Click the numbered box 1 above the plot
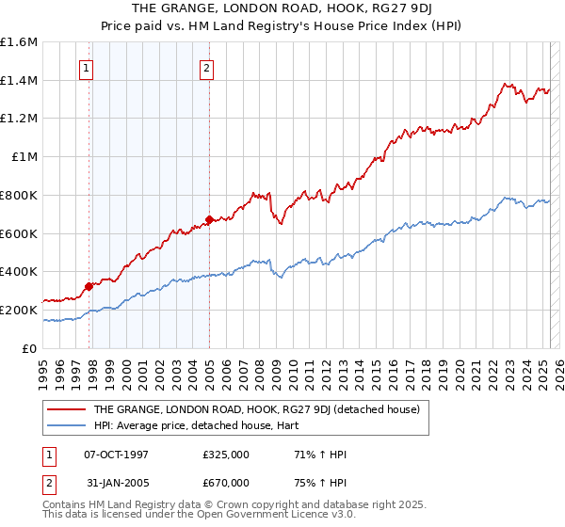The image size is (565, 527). coord(87,67)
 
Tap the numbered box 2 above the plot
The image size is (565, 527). coord(206,67)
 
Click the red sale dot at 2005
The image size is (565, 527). coord(209,220)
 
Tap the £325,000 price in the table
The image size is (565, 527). coord(226,455)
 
